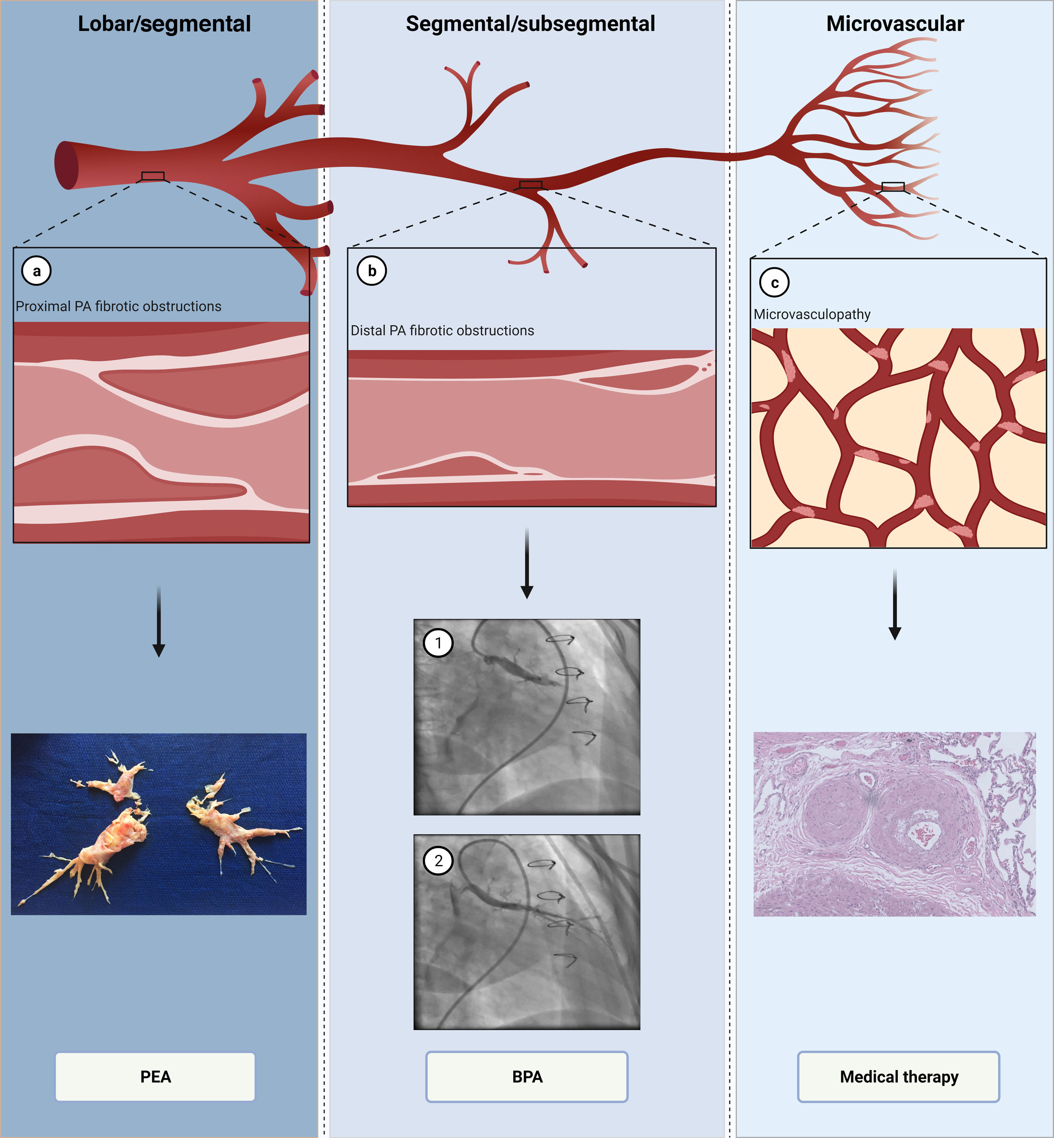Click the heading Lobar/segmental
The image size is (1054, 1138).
pos(164,24)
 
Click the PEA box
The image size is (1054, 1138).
pos(155,1076)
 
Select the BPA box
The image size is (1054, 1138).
pos(527,1076)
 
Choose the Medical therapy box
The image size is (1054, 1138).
pos(898,1076)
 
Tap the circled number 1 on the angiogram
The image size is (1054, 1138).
pos(438,643)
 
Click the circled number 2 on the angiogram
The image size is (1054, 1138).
pos(438,860)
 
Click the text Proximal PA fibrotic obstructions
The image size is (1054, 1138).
pos(119,306)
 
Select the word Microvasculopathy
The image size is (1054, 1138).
pos(812,314)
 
